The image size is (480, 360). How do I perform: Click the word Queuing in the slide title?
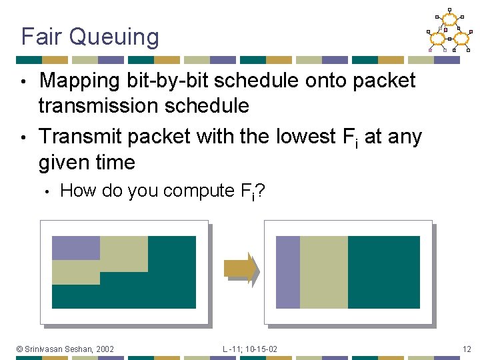(118, 37)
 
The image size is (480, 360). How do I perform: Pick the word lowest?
(301, 136)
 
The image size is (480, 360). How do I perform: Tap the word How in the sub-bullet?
(77, 191)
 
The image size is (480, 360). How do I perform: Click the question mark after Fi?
(261, 191)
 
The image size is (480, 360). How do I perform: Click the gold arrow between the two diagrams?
(241, 268)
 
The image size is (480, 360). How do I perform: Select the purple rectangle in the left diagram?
(75, 247)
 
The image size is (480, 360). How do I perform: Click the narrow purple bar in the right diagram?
(287, 272)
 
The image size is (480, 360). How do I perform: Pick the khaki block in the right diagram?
(323, 272)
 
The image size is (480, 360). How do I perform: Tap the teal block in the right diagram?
(384, 272)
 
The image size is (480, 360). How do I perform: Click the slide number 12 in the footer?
(466, 349)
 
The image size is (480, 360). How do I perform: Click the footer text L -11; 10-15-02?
(250, 349)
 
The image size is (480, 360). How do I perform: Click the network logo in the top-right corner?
(449, 31)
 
